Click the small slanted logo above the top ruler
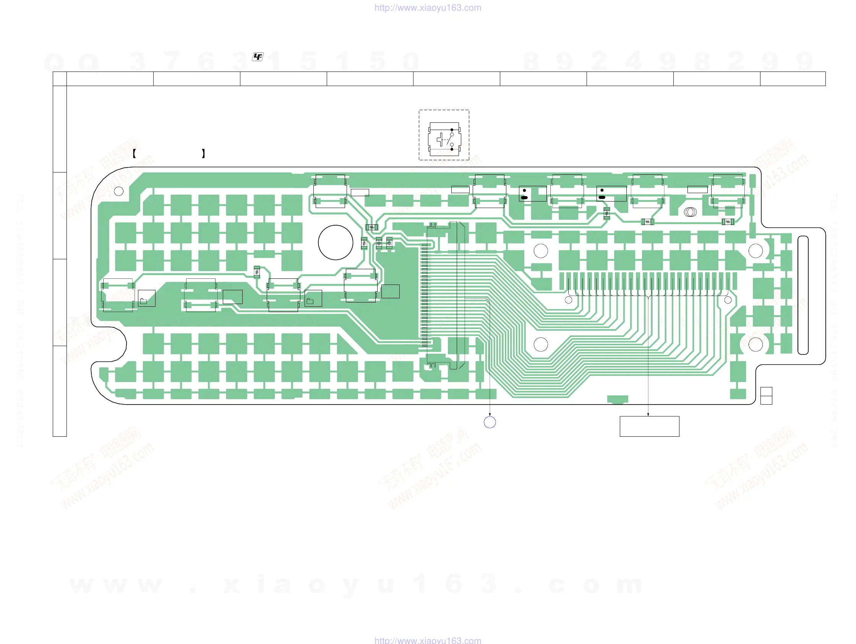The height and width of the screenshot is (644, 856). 258,57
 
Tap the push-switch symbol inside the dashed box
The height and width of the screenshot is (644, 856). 444,139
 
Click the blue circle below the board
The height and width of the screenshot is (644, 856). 490,422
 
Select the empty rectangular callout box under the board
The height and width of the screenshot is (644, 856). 649,426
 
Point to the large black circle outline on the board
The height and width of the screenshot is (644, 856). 336,242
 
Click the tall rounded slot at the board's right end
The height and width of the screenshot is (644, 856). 803,295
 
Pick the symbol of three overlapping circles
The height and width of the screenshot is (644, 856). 691,212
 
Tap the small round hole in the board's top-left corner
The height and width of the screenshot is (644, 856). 119,191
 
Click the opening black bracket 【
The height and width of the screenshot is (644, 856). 134,153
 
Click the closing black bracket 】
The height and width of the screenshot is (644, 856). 204,153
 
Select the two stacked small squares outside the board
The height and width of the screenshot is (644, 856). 766,396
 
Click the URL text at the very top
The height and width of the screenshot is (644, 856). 428,8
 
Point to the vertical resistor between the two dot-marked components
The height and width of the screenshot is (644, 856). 607,213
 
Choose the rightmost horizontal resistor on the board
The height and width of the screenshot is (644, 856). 728,222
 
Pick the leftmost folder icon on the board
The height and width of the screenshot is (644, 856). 144,301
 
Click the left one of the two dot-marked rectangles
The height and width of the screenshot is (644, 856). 532,194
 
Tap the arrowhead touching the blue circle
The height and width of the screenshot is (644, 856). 490,415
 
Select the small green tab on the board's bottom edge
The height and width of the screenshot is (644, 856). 618,399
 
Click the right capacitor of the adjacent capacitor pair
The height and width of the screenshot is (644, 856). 389,243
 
